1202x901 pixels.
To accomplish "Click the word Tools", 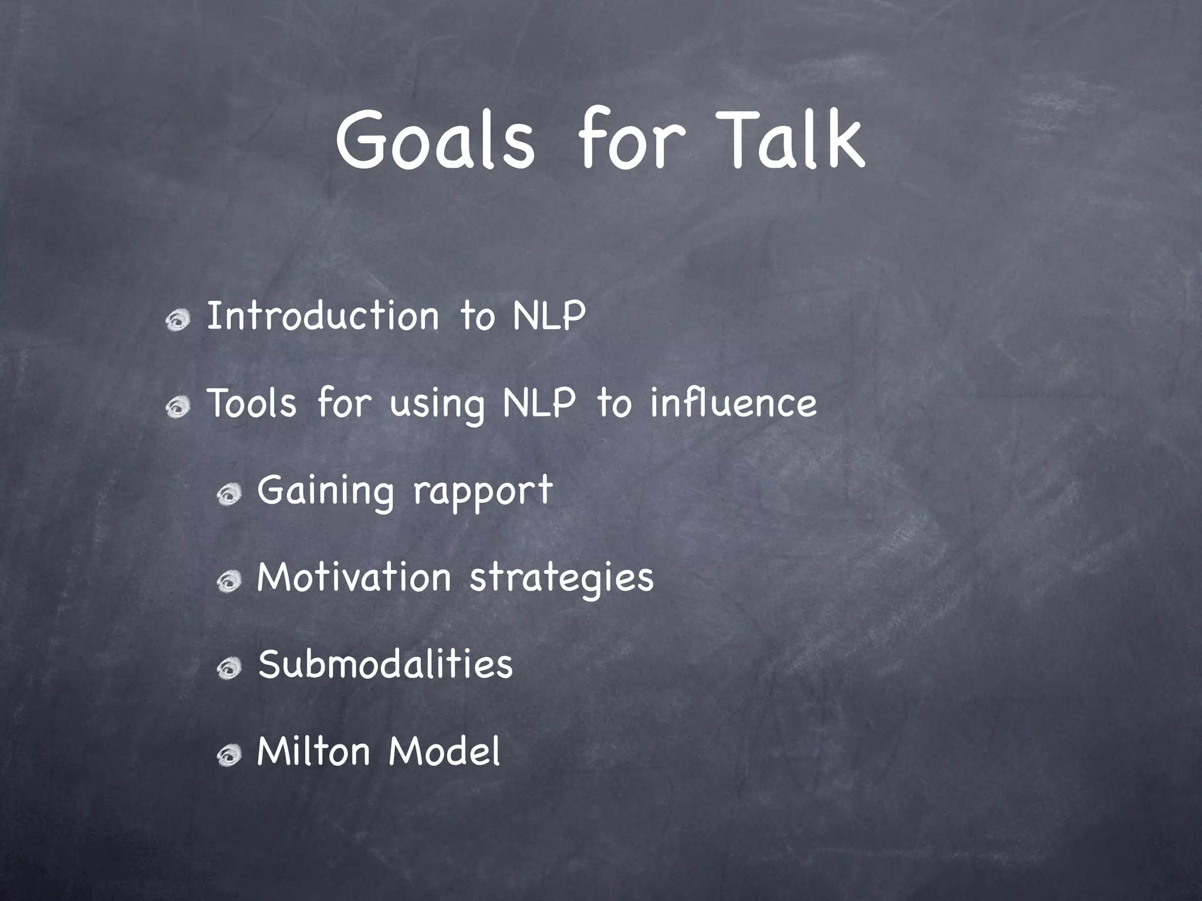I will pos(252,403).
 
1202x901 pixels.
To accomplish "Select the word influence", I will pos(733,403).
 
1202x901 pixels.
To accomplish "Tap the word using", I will pos(437,405).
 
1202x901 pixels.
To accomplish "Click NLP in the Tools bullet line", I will pos(539,403).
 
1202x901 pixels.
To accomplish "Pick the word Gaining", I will pos(325,492).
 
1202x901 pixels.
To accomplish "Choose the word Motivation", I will pos(354,577).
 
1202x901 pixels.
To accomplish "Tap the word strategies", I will pos(561,580).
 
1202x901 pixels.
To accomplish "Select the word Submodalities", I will pos(385,665).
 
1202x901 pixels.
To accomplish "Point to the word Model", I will pos(444,751).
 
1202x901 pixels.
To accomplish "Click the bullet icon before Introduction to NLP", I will pos(178,320).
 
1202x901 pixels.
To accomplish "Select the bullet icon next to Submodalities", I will pos(229,669).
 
